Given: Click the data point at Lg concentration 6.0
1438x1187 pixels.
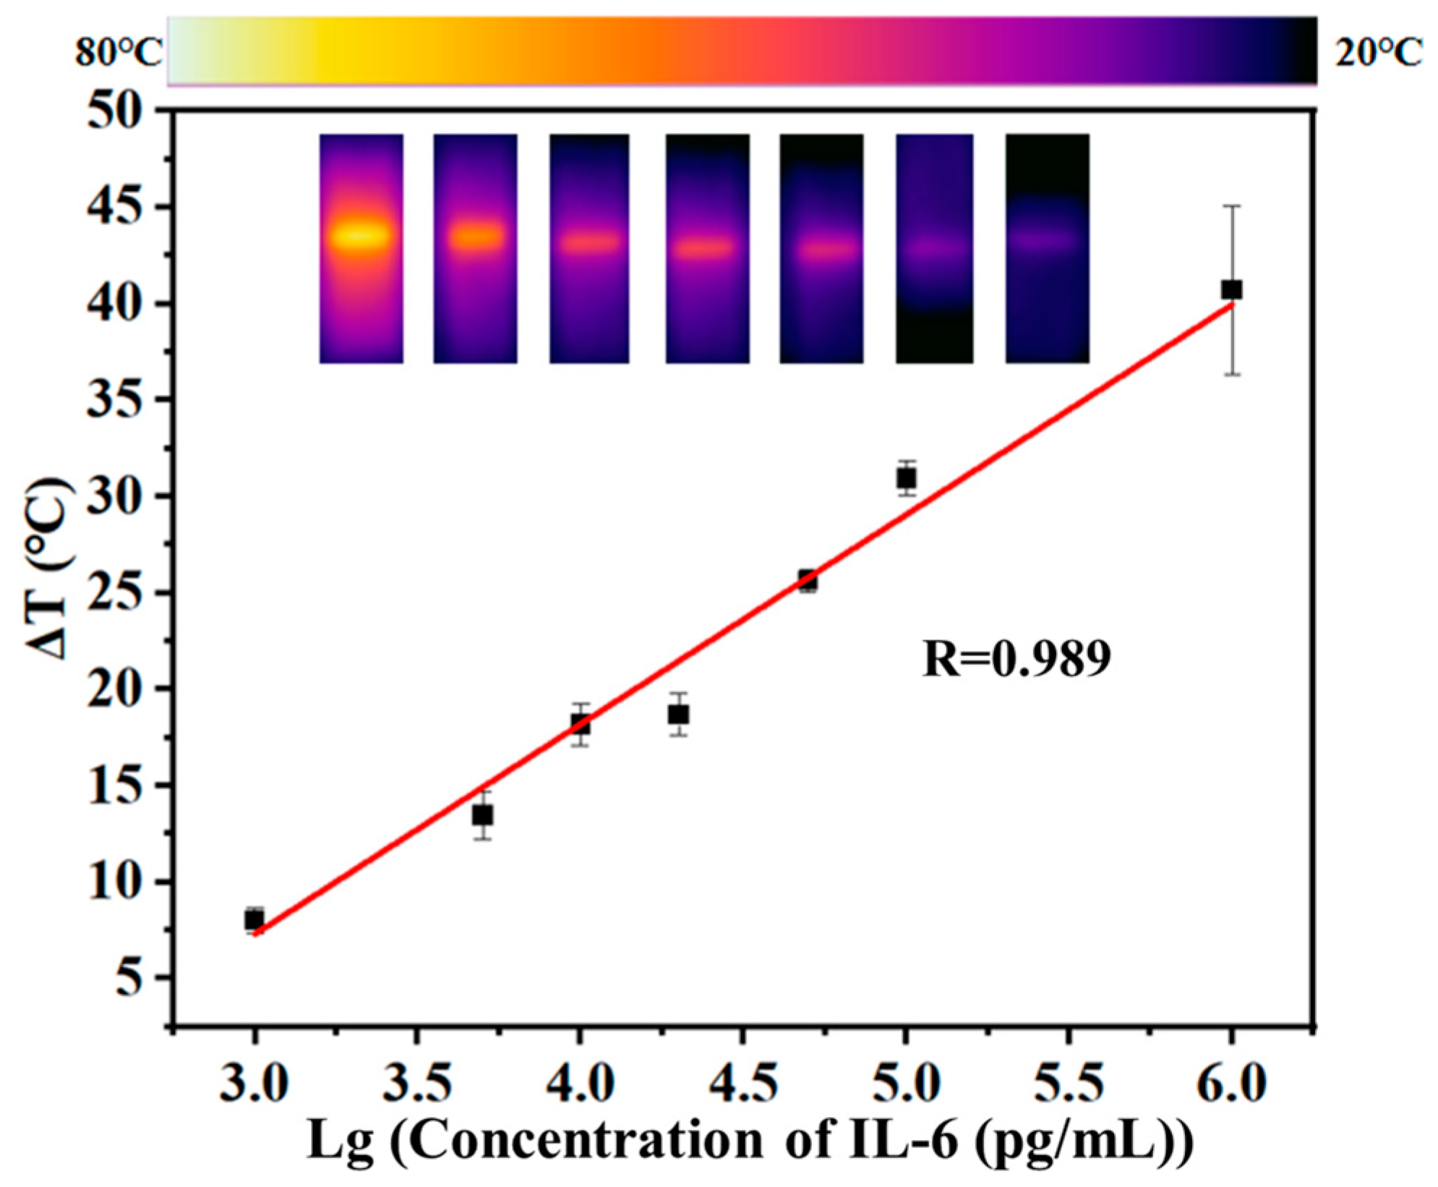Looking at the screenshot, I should coord(1231,290).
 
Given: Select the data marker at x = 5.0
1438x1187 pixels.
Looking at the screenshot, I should coord(906,478).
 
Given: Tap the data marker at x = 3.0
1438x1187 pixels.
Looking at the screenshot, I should coord(254,920).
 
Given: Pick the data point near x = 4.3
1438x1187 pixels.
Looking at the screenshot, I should coord(677,715).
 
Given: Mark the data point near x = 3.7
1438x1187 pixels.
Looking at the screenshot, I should coord(483,815).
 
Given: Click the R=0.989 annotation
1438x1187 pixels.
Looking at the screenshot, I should coord(1016,659).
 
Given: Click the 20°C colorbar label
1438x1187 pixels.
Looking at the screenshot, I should coord(1378,53).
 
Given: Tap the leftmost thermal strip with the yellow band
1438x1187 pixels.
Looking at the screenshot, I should coord(361,248).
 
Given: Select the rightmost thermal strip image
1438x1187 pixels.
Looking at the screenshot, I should coord(1047,248).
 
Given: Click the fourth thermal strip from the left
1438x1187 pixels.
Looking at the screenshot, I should coord(707,248).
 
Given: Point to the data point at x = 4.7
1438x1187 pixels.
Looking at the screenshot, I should coord(808,580).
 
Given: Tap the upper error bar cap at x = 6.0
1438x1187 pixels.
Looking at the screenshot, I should coord(1232,206).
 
